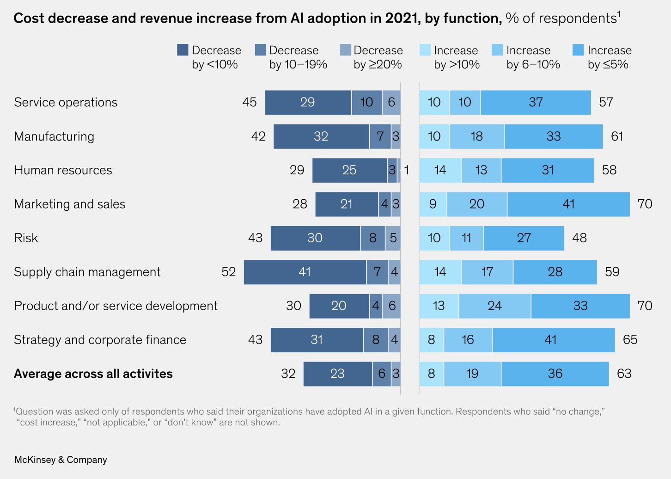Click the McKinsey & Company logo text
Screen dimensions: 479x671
(61, 460)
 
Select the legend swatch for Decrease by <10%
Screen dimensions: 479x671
(183, 50)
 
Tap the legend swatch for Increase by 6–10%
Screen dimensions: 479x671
(497, 50)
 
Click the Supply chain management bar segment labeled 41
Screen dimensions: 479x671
(305, 272)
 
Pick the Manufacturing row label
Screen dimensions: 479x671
(54, 136)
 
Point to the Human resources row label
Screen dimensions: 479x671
(63, 170)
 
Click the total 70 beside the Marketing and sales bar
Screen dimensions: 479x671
(645, 204)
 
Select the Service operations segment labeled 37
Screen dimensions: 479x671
(536, 102)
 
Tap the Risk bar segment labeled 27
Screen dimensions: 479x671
(524, 238)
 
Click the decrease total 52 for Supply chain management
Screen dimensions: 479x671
(229, 272)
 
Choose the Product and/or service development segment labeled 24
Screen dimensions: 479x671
(494, 306)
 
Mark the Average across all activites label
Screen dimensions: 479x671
(93, 374)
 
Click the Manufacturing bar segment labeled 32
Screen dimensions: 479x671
(321, 136)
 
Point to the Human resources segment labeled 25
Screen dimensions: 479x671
(349, 170)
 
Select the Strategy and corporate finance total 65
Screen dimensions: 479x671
(630, 340)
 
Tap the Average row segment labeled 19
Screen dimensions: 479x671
(472, 374)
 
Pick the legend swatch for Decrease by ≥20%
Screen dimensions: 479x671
(345, 50)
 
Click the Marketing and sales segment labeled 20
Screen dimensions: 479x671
(477, 204)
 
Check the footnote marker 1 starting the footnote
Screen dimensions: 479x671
(14, 410)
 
